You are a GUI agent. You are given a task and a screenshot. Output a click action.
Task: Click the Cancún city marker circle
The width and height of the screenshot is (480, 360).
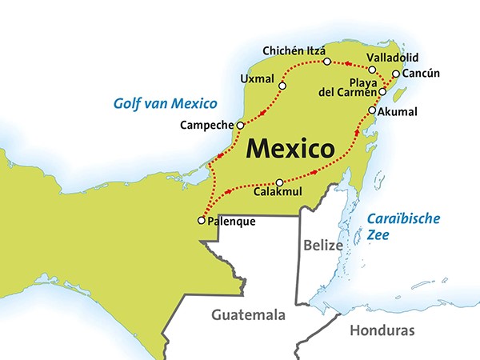[396, 74]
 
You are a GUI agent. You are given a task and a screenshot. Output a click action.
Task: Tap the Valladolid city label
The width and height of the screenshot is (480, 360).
[392, 58]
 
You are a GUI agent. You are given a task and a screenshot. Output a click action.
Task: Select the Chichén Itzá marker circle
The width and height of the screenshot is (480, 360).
[326, 62]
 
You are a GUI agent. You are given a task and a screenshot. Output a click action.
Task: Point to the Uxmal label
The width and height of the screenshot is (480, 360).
[256, 78]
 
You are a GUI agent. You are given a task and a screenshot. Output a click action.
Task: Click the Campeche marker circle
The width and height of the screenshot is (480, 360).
[240, 125]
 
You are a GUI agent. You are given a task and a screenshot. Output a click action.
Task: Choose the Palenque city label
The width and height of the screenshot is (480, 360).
[231, 221]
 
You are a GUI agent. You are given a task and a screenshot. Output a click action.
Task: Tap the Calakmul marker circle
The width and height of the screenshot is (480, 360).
[279, 182]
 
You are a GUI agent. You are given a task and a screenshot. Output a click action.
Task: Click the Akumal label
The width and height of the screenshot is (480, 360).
[398, 111]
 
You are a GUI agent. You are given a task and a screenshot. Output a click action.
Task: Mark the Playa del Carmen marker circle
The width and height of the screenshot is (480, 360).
[382, 92]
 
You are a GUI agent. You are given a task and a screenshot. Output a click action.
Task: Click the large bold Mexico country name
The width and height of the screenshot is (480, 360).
[290, 149]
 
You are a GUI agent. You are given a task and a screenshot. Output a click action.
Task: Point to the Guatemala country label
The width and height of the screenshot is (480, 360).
[248, 315]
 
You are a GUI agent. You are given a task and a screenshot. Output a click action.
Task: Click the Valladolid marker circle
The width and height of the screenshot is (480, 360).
[372, 70]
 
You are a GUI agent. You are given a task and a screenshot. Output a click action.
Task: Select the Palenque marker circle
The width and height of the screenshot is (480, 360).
[200, 220]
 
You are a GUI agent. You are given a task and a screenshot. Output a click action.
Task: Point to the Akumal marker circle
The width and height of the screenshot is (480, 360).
[372, 110]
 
